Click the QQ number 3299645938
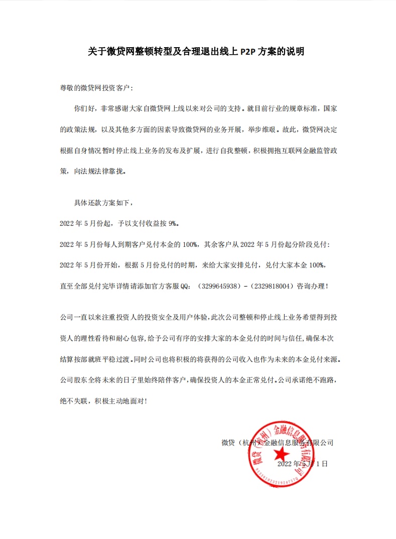point(219,287)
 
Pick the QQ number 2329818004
point(281,287)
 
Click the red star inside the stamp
point(281,454)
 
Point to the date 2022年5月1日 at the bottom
point(302,464)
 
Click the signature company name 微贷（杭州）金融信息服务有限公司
point(277,443)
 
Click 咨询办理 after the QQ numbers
point(318,287)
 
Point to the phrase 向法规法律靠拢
point(98,171)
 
